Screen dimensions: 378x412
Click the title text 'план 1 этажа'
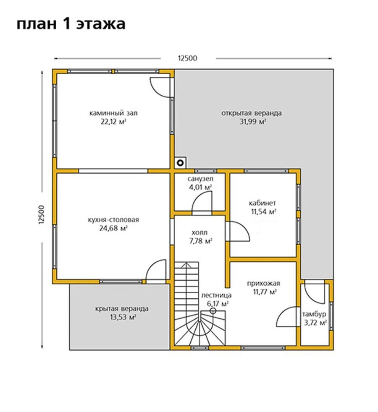click(x=71, y=24)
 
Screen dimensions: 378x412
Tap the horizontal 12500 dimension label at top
click(x=188, y=58)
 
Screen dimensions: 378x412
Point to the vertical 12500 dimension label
click(x=42, y=214)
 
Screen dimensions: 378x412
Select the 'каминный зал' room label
click(x=113, y=113)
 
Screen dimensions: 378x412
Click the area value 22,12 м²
click(x=113, y=122)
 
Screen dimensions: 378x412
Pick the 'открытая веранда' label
click(x=252, y=113)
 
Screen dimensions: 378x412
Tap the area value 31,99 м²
click(x=253, y=122)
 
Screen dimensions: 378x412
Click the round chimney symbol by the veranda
click(x=180, y=163)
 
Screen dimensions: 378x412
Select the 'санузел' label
click(x=200, y=179)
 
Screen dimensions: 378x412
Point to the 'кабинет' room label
click(x=262, y=203)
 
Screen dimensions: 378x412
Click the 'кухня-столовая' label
click(x=113, y=220)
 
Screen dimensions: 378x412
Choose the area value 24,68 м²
click(x=113, y=228)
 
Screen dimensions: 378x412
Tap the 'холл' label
click(x=199, y=232)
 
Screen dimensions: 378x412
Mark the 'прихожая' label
click(x=264, y=283)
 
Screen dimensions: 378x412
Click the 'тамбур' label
click(x=314, y=314)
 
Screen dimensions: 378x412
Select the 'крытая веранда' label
click(x=122, y=308)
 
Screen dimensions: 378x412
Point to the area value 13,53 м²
click(x=123, y=317)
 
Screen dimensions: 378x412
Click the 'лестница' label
click(x=216, y=295)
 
